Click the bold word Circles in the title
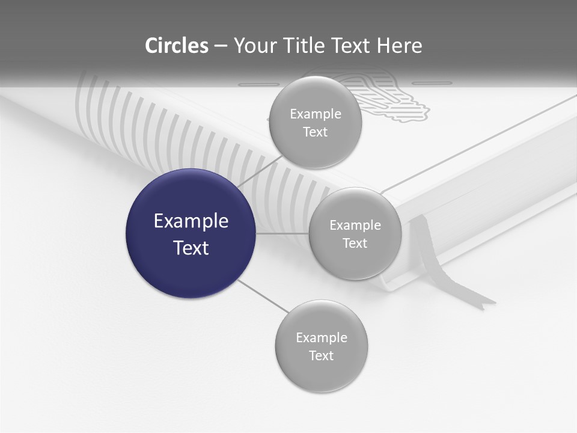point(177,46)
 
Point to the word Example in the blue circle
point(191,221)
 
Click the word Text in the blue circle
point(191,248)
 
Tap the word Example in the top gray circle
point(316,114)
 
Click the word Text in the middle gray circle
point(355,243)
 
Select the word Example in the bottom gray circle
point(322,337)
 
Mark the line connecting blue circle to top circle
point(260,170)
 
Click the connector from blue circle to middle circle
point(282,233)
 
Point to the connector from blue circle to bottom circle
point(263,296)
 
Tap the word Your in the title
point(250,46)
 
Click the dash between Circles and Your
point(221,46)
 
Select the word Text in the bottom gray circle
point(322,355)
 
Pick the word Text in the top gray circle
point(316,132)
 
